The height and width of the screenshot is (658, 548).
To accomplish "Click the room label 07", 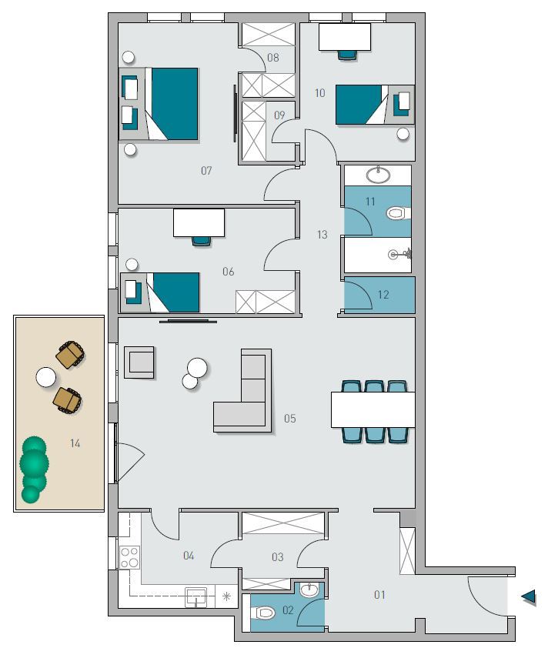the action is pyautogui.click(x=206, y=171).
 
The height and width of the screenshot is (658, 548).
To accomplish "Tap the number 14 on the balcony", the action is pyautogui.click(x=75, y=443).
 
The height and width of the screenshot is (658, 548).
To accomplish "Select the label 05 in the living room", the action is pyautogui.click(x=290, y=419).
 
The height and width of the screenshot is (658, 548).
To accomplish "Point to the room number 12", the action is pyautogui.click(x=383, y=295).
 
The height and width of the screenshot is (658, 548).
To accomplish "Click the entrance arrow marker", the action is pyautogui.click(x=529, y=596).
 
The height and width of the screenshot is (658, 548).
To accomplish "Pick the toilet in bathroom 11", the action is pyautogui.click(x=397, y=213).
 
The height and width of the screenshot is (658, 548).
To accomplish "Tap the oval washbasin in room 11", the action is pyautogui.click(x=378, y=175).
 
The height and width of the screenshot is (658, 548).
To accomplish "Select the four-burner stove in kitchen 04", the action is pyautogui.click(x=129, y=557).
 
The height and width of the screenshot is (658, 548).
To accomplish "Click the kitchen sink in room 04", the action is pyautogui.click(x=196, y=597).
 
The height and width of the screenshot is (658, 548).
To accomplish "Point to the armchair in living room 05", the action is pyautogui.click(x=139, y=362).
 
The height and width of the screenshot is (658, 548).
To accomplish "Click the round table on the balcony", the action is pyautogui.click(x=46, y=377).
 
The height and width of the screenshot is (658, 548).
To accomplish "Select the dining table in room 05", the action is pyautogui.click(x=373, y=409).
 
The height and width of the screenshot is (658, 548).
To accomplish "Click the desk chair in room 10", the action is pyautogui.click(x=348, y=55).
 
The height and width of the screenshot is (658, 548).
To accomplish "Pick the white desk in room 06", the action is pyautogui.click(x=199, y=223).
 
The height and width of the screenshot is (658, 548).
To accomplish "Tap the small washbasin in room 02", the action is pyautogui.click(x=309, y=590).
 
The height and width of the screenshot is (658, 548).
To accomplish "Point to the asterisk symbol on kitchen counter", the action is pyautogui.click(x=226, y=596).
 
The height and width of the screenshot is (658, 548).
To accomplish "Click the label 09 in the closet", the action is pyautogui.click(x=279, y=115).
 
